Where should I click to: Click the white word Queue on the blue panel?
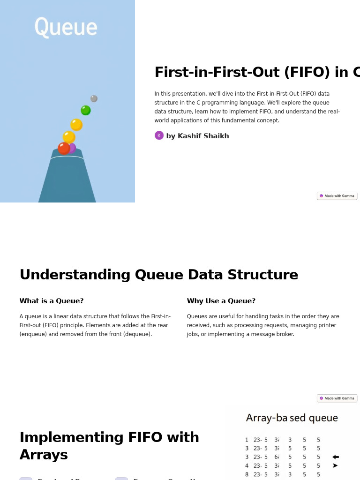pos(66,27)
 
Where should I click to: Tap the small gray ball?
pos(94,98)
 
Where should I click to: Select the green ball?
pos(86,111)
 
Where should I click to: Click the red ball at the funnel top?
pos(64,148)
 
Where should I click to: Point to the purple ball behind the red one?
pos(72,148)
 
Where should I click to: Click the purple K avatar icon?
pos(159,135)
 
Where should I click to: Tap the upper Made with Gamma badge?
pos(337,196)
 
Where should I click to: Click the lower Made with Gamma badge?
pos(337,398)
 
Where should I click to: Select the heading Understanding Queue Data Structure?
pos(158,275)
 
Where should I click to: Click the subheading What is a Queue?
pos(52,301)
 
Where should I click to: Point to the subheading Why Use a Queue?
pos(221,301)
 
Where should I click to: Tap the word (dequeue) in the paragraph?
pos(135,334)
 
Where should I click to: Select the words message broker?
pos(273,334)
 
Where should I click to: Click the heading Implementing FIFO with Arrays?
pos(109,446)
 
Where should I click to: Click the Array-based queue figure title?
pos(292,418)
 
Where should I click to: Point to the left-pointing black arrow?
pos(335,457)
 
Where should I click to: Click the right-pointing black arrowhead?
pos(335,465)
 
